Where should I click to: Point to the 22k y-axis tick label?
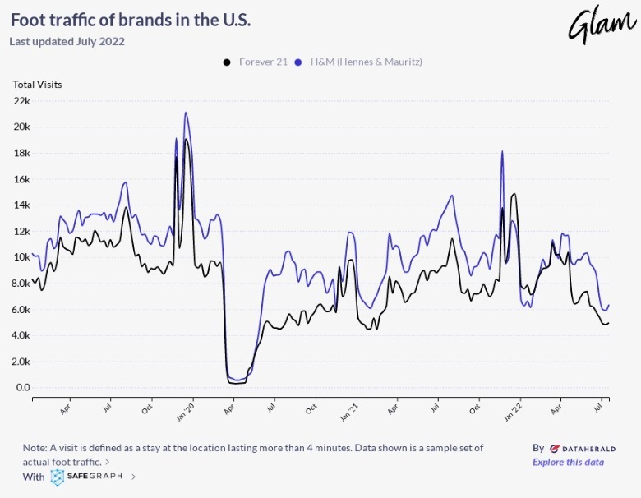[x=21, y=101]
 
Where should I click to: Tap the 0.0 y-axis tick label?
[x=22, y=388]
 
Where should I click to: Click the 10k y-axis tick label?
[x=21, y=257]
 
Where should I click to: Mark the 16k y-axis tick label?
[x=21, y=179]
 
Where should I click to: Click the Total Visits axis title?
[x=37, y=84]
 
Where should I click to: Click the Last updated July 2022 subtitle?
[x=67, y=41]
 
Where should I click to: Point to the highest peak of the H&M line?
[x=186, y=113]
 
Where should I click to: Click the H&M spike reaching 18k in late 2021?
[x=502, y=151]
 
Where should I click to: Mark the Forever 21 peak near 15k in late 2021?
[x=514, y=194]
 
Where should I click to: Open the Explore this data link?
[x=568, y=462]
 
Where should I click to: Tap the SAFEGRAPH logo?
[x=86, y=476]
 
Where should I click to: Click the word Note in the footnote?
[x=35, y=448]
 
